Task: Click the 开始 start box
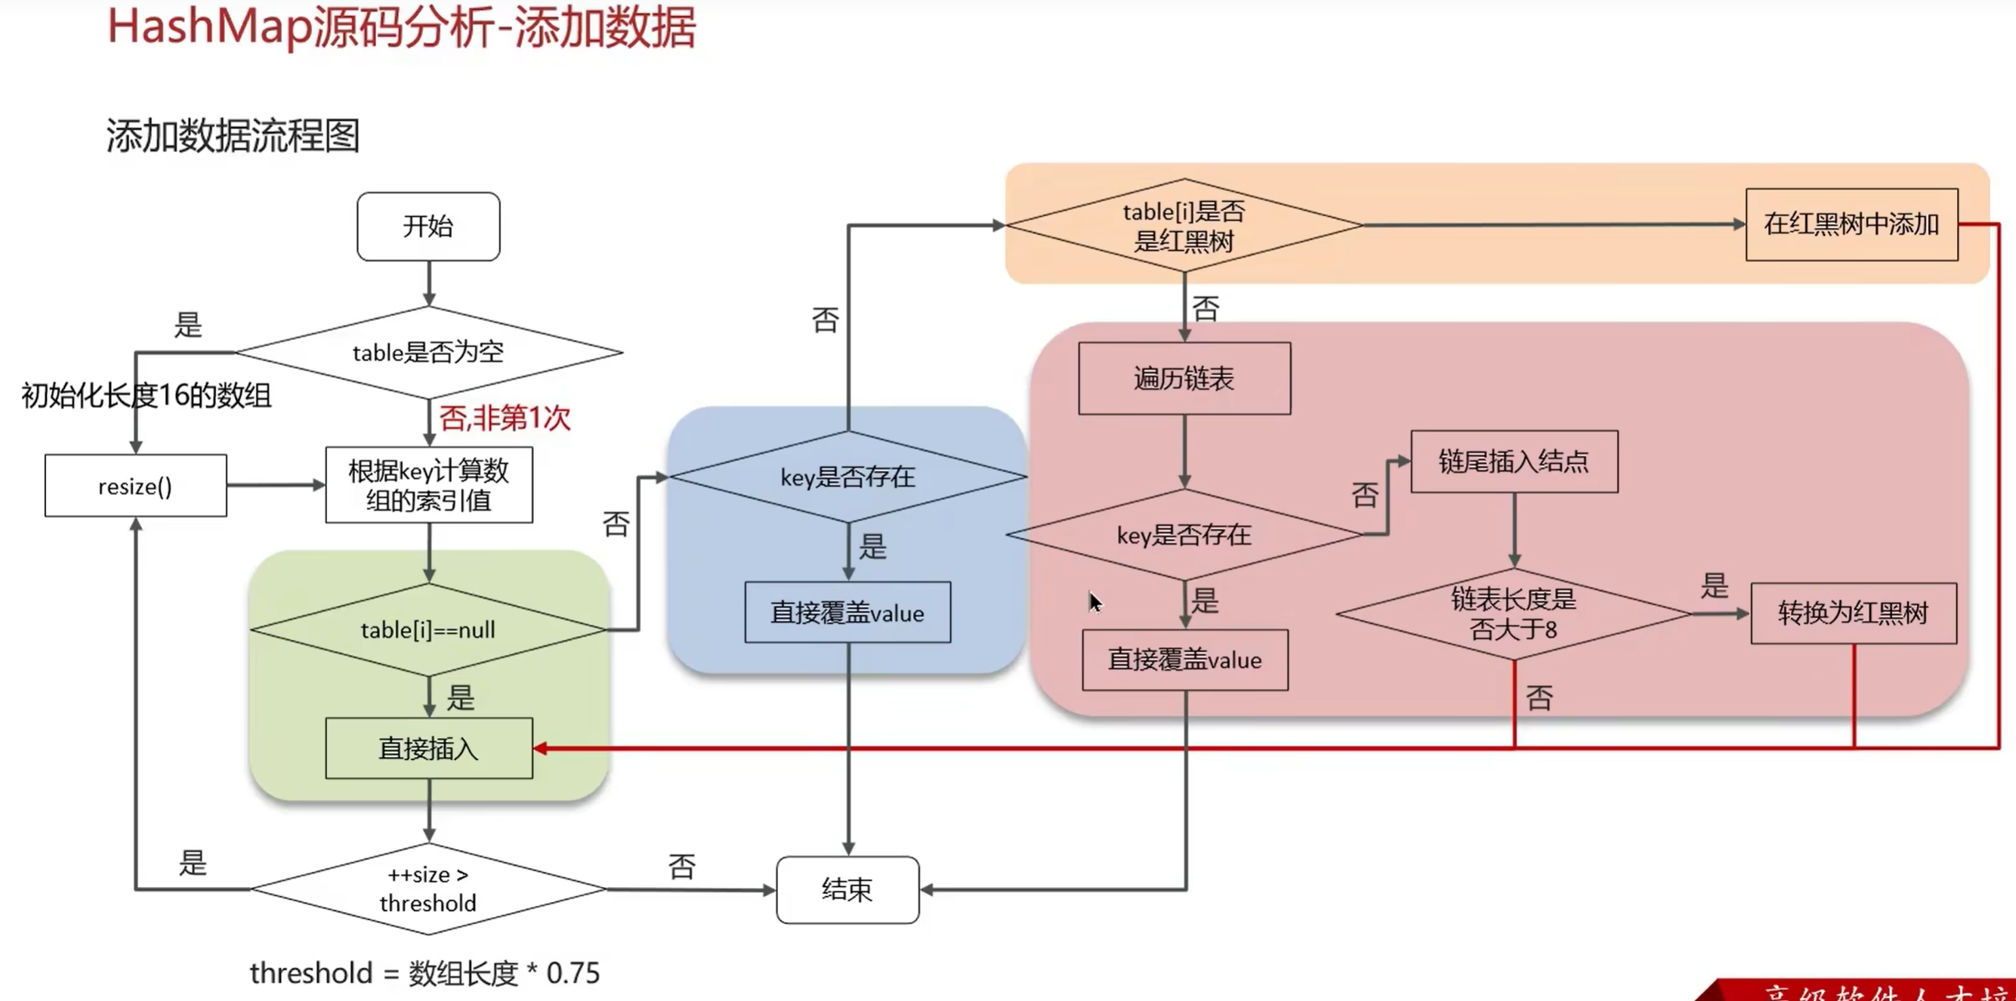coord(428,226)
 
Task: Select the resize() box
coord(135,486)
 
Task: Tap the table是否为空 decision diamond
coord(428,352)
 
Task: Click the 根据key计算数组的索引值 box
coord(429,485)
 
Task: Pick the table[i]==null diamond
coord(428,629)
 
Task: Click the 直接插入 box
coord(429,748)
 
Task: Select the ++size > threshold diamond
coord(428,889)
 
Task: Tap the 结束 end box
coord(847,890)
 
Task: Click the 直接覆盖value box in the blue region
coord(847,613)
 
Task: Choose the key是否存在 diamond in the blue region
coord(847,477)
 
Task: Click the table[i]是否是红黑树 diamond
coord(1184,225)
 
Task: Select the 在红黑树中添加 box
coord(1851,224)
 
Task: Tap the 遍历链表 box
coord(1184,378)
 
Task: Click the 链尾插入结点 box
coord(1514,462)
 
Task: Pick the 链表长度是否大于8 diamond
coord(1514,614)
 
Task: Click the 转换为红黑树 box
coord(1853,613)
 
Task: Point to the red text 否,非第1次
coord(505,418)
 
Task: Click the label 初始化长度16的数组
coord(147,395)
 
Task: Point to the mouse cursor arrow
coord(1095,601)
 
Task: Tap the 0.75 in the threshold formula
coord(573,973)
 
